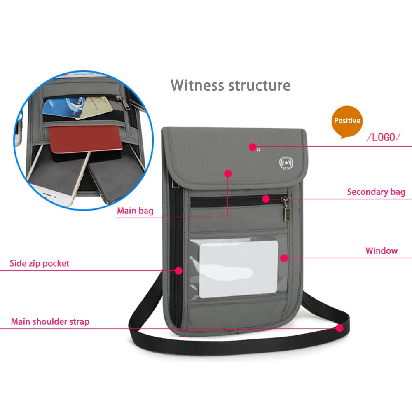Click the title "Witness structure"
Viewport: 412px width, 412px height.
point(230,85)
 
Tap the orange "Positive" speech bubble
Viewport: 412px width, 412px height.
point(347,121)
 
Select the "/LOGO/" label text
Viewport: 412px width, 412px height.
point(384,137)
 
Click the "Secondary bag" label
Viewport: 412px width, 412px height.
point(376,192)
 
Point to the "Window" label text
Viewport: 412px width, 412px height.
point(382,250)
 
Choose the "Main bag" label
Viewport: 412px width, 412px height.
point(135,211)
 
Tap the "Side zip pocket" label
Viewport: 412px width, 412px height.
point(40,263)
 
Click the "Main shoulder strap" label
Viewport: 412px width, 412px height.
point(50,321)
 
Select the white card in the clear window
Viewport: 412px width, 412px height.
point(239,268)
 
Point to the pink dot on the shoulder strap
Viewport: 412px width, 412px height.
point(339,328)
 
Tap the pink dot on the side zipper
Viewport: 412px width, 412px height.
point(178,271)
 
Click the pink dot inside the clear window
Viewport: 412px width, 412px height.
point(283,258)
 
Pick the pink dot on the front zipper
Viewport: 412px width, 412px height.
point(266,199)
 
